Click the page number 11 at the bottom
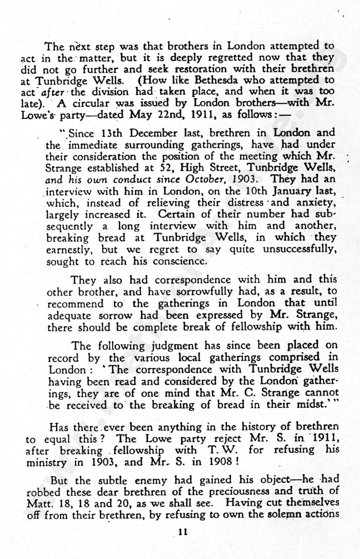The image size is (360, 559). (x=182, y=532)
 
